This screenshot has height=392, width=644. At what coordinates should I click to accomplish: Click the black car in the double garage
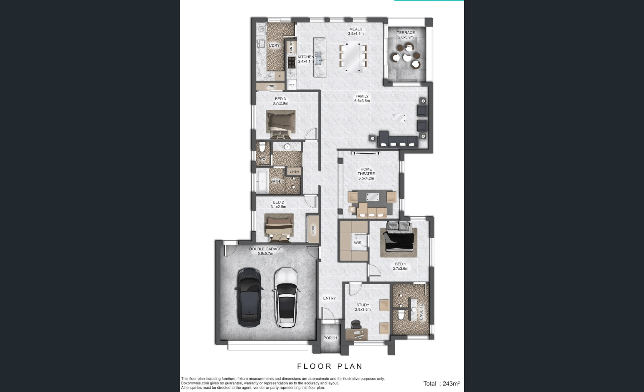[249, 298]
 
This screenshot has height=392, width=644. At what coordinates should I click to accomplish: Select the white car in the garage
[287, 298]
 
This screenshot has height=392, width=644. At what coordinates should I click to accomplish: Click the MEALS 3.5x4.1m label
[356, 31]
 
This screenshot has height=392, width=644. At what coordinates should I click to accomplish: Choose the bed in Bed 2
[279, 227]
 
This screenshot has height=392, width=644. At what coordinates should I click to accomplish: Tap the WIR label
[358, 243]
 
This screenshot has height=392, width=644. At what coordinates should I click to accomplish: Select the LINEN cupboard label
[294, 172]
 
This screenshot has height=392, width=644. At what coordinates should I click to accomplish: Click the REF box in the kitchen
[291, 85]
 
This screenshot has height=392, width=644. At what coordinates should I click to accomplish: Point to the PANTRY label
[291, 47]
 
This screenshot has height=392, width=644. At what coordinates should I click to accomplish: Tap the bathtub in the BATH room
[262, 181]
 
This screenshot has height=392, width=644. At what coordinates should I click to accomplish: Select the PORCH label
[330, 338]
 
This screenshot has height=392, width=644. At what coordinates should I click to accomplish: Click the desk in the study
[356, 333]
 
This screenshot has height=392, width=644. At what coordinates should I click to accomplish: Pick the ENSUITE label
[421, 311]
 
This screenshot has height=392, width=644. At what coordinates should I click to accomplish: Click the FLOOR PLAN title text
[329, 366]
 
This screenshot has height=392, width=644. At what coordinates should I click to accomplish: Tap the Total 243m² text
[441, 383]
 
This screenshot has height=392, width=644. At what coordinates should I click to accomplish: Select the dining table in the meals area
[353, 57]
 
